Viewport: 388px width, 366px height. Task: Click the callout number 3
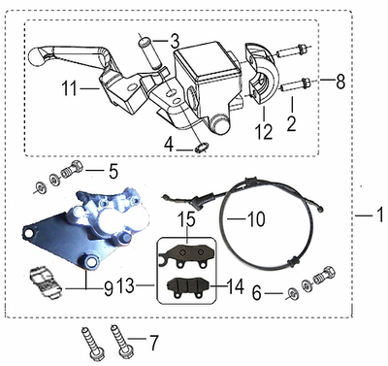(174, 42)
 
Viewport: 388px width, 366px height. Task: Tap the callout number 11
(69, 88)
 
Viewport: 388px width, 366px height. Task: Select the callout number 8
(340, 81)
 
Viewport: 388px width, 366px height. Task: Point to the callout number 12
(264, 131)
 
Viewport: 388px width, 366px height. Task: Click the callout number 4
(169, 146)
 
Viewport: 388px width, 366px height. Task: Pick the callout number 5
(113, 172)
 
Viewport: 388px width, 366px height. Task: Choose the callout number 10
(256, 219)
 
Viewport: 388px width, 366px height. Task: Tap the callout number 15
(187, 220)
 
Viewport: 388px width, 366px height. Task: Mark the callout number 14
(235, 286)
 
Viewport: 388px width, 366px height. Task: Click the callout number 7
(153, 343)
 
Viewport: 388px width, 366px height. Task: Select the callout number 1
(380, 215)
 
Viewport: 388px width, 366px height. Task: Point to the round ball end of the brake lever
(38, 57)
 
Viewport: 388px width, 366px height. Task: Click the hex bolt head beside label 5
(77, 167)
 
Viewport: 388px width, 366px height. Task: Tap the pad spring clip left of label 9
(46, 283)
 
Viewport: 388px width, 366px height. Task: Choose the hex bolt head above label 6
(328, 273)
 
